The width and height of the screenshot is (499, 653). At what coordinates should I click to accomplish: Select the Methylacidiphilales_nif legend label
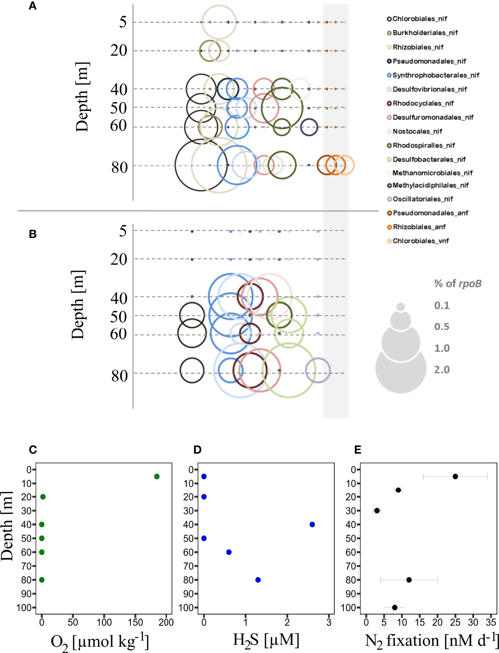click(430, 185)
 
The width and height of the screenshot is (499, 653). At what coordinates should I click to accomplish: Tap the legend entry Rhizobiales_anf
click(419, 227)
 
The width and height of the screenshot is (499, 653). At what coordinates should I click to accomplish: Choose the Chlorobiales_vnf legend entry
click(421, 241)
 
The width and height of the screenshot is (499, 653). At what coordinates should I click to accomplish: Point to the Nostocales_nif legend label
click(417, 131)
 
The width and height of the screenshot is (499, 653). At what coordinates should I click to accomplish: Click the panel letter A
click(33, 6)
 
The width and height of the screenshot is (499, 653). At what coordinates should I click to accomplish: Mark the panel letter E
click(357, 450)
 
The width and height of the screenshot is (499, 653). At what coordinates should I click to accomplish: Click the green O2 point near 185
click(157, 476)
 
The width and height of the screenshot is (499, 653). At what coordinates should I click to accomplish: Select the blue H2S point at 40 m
click(312, 525)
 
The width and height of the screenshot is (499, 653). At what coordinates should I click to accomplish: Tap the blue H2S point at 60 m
click(229, 552)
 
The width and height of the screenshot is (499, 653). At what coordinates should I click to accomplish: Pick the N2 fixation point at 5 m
click(455, 476)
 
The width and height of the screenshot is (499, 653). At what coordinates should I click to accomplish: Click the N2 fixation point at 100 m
click(395, 608)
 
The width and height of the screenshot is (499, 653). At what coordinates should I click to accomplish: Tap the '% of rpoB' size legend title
click(457, 284)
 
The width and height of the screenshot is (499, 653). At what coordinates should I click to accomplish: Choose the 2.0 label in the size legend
click(442, 369)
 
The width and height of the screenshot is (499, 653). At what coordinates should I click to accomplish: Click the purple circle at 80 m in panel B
click(318, 370)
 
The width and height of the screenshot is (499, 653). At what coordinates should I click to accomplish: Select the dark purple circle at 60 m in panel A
click(309, 127)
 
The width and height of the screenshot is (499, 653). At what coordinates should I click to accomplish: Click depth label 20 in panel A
click(119, 51)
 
